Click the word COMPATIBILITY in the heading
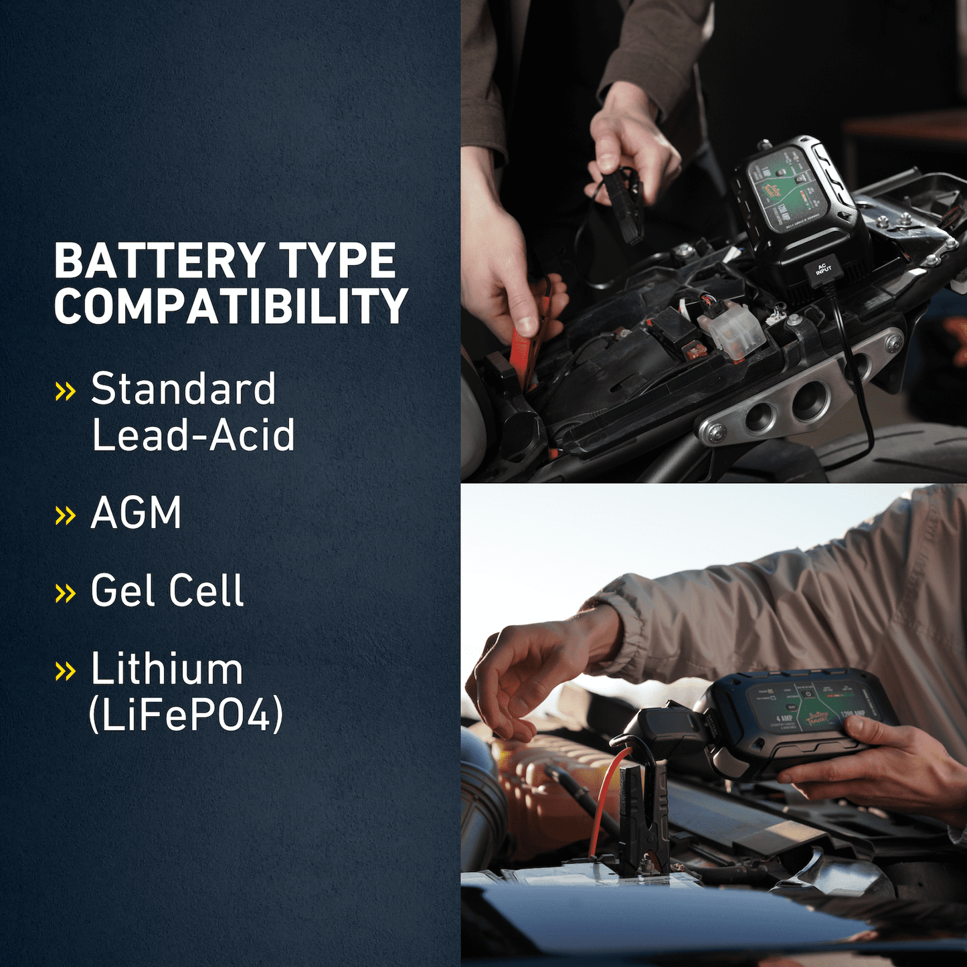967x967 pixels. pos(231,307)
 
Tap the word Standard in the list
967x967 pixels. pos(183,389)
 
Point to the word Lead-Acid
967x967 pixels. pos(193,435)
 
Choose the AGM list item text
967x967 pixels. pos(136,513)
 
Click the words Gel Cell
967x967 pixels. pos(167,591)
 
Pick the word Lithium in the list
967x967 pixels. pos(167,669)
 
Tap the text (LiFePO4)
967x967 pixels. pos(186,715)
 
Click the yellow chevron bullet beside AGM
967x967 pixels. pos(65,515)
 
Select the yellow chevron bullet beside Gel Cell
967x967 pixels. pos(65,592)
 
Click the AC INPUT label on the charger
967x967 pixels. pos(823,269)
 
